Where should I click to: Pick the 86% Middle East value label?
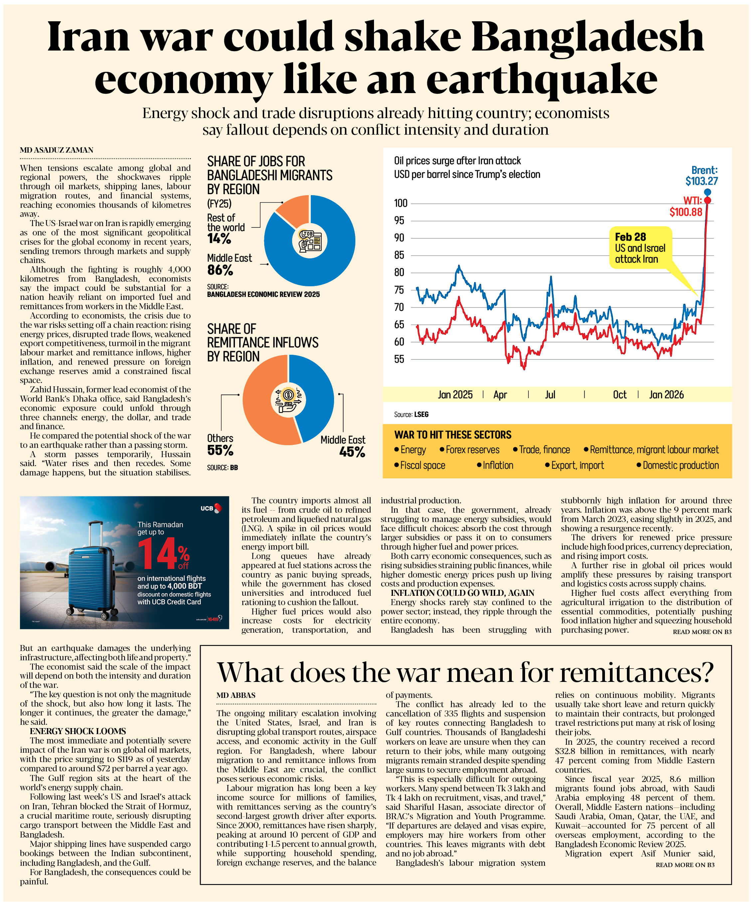click(x=220, y=270)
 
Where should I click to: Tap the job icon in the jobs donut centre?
click(x=309, y=240)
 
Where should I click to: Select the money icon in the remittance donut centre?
click(x=288, y=399)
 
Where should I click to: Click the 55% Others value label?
click(x=220, y=451)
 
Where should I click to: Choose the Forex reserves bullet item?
click(x=470, y=450)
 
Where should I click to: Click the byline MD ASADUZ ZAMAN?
click(x=57, y=150)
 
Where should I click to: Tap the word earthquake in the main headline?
click(x=542, y=80)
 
